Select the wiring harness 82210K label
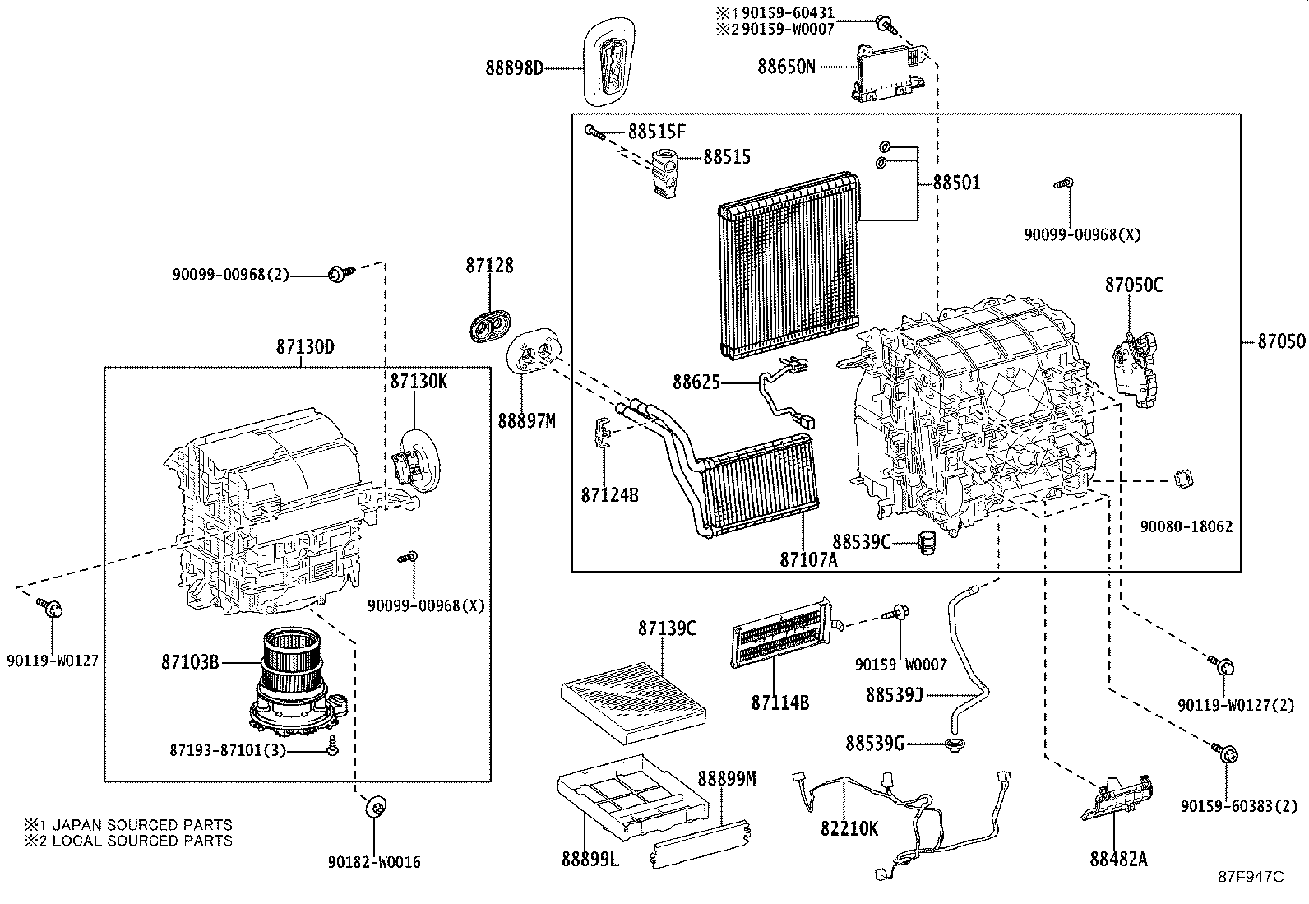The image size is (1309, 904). (x=849, y=828)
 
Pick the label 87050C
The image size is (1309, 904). (x=1134, y=285)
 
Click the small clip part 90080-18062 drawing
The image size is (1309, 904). (x=1184, y=477)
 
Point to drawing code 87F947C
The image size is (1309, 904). (x=1251, y=876)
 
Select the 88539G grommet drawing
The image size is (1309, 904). (x=955, y=744)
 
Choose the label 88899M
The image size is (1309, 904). (x=727, y=778)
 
